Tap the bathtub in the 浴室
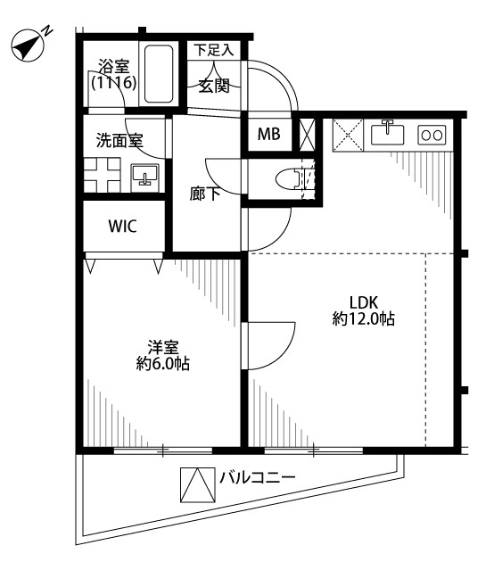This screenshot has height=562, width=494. [x=159, y=74]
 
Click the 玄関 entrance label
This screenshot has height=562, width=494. [x=214, y=86]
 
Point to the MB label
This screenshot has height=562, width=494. [x=269, y=134]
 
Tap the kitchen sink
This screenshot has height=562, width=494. [x=387, y=134]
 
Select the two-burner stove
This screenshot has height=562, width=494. [x=432, y=135]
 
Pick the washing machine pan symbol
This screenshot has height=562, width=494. [x=102, y=175]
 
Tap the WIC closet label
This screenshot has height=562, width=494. [x=122, y=227]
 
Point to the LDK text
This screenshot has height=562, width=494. [x=364, y=303]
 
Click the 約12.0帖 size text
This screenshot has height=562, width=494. [x=364, y=318]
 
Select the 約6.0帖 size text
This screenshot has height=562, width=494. [x=162, y=364]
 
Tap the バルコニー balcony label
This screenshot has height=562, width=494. [x=258, y=477]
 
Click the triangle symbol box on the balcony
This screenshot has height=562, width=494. [x=198, y=484]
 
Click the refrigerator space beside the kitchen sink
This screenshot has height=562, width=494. [x=348, y=135]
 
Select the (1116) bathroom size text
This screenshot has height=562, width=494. [x=114, y=83]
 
